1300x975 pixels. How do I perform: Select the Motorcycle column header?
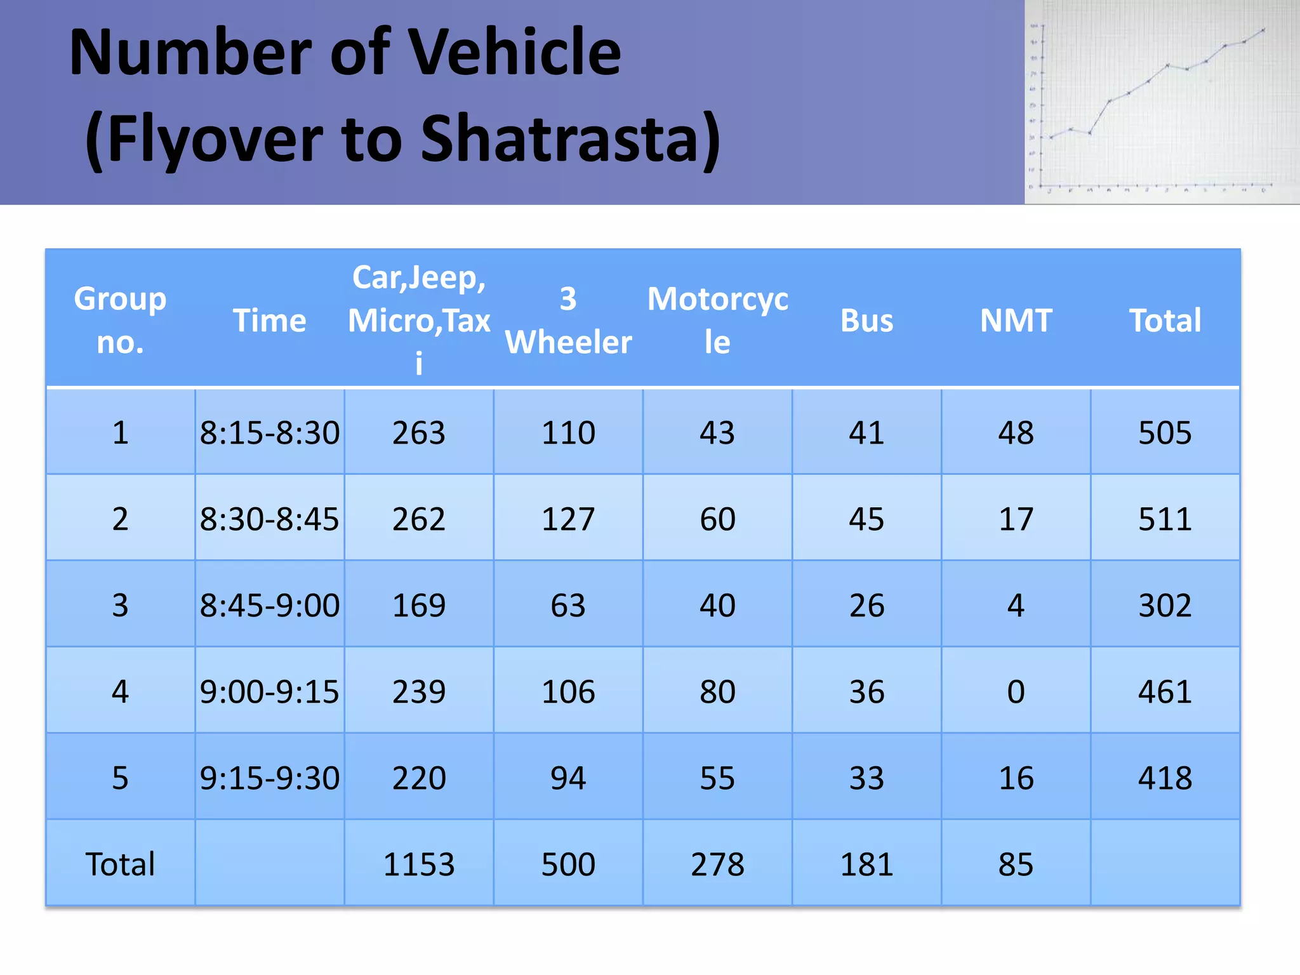pos(717,320)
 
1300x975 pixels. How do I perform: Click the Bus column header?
pos(866,320)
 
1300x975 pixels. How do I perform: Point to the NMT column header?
pos(1016,320)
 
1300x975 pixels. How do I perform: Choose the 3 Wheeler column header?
pos(568,320)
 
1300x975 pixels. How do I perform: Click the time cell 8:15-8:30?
pos(270,433)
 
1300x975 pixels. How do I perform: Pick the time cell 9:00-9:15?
pos(270,691)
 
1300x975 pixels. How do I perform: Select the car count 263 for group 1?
pos(419,433)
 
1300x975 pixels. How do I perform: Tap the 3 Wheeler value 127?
pos(568,519)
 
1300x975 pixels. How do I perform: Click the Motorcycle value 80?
pos(717,691)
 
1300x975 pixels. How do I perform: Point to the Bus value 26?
pos(866,606)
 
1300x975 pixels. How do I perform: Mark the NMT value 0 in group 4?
pos(1016,691)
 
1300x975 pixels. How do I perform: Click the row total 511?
pos(1165,519)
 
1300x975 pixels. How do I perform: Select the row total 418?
pos(1165,778)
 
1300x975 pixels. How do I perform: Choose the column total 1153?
pos(419,864)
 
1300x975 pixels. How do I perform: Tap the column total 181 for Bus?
pos(866,864)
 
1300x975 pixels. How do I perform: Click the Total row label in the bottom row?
pos(120,864)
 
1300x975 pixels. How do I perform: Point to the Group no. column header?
pos(120,320)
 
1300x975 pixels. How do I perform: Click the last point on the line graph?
pos(1263,30)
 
